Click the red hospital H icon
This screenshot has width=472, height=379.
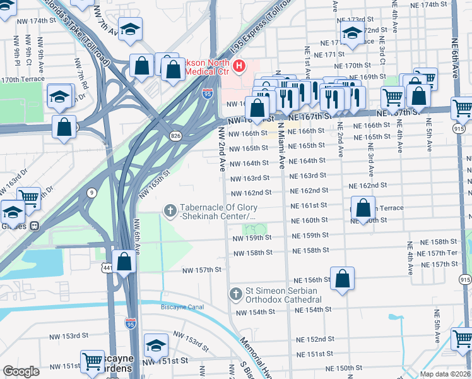click(x=239, y=65)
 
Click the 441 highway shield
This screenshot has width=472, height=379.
click(x=110, y=268)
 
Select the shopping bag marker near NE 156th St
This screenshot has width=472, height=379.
click(x=342, y=280)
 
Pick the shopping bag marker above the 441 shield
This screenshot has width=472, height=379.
click(x=124, y=261)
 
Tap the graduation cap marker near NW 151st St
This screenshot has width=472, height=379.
click(x=156, y=346)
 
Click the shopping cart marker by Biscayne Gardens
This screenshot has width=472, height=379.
click(x=93, y=362)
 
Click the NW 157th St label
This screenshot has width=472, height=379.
click(x=202, y=270)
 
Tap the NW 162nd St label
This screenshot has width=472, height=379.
click(x=251, y=193)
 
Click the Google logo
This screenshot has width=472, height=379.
click(x=21, y=371)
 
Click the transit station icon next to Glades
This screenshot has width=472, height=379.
click(x=35, y=226)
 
